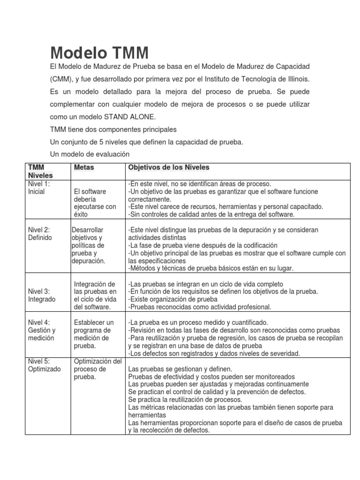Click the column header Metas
coord(84,167)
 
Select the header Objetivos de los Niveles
coord(169,167)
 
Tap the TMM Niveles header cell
coord(40,171)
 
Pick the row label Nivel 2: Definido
coord(40,233)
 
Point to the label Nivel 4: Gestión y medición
coord(42,330)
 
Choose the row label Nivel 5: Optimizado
coord(44,365)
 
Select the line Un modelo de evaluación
coord(90,154)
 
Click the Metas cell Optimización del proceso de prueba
coord(97,369)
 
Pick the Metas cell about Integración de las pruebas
coord(95,295)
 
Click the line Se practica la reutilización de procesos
coord(185,399)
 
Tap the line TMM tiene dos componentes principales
coord(113,129)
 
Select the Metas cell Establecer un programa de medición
coord(94,334)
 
